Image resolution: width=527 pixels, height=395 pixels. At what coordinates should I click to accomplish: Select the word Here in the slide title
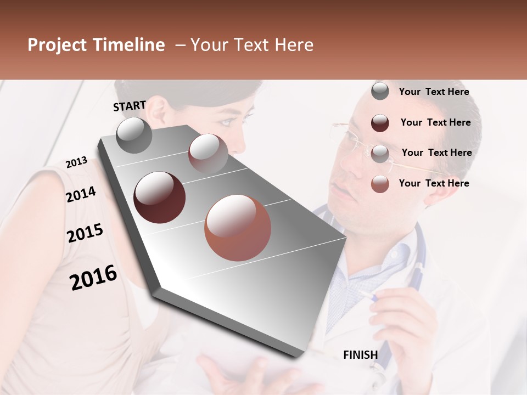click(294, 45)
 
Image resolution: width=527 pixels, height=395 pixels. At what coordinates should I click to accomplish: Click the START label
click(130, 106)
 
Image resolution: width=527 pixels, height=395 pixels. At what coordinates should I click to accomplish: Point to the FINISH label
click(360, 355)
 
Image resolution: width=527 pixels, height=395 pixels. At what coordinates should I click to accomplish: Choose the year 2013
click(76, 162)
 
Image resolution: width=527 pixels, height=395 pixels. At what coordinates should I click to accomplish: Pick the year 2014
click(81, 194)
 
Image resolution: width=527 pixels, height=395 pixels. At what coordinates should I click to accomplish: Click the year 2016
click(93, 277)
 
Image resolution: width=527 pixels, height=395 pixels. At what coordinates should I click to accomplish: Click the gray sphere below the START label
click(134, 135)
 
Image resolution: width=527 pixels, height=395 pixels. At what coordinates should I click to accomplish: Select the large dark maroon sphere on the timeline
click(159, 198)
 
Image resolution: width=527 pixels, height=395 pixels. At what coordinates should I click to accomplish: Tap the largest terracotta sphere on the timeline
click(238, 228)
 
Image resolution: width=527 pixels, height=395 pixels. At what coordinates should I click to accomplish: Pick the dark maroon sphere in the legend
click(380, 123)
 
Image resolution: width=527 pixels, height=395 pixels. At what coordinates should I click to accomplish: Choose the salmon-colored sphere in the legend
click(380, 184)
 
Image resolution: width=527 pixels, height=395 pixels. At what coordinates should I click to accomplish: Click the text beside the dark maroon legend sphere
click(435, 122)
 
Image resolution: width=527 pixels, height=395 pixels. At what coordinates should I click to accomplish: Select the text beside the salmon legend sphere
click(434, 183)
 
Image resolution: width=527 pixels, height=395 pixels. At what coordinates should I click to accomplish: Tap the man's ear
click(434, 184)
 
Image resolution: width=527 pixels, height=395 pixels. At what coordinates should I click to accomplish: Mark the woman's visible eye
click(226, 122)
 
